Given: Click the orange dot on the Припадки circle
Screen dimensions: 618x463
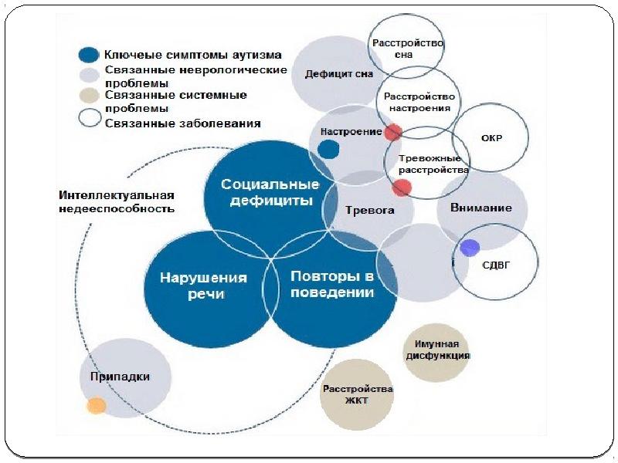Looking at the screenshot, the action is point(97,406).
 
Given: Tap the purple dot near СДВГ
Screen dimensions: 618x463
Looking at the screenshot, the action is point(470,248).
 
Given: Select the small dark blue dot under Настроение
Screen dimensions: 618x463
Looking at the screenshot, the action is point(328,149).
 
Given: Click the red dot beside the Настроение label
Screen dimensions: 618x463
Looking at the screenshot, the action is point(392,132).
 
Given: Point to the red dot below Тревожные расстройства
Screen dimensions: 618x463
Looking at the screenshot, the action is point(402,188).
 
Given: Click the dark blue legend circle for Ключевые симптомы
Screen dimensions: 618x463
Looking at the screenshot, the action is point(89,55).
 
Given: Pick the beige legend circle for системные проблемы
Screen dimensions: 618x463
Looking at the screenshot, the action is point(89,96).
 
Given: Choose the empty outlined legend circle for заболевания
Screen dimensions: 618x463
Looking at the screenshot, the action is point(90,118).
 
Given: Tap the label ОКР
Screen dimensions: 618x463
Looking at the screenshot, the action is point(491,138).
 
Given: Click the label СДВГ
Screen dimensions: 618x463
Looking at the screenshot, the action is point(496,265).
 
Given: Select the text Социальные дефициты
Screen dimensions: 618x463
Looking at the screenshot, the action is point(270,192).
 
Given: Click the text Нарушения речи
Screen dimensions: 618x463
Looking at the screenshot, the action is point(203,286).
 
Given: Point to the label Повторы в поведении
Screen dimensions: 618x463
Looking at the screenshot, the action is point(332,284).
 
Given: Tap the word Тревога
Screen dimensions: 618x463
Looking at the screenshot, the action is point(370,210).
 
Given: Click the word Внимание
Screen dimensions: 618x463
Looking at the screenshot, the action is point(480,208).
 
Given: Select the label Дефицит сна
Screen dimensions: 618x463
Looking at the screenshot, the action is point(339,74).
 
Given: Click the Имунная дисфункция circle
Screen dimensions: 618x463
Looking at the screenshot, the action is point(436,353).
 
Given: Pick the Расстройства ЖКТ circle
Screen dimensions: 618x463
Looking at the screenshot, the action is point(357,394).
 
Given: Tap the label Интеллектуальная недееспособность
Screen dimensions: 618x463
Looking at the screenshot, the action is point(117,202).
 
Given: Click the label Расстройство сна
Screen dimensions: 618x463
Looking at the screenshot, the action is point(408,49).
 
